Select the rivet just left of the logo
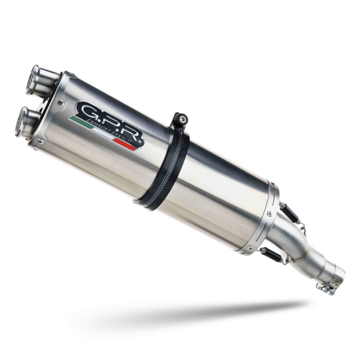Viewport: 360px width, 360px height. coord(62,103)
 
